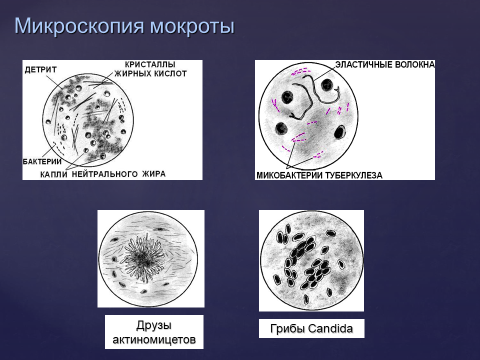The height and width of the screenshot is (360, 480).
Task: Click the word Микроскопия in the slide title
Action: (84, 25)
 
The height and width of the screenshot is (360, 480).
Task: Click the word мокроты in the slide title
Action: (194, 25)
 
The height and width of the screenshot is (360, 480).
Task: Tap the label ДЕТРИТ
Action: (42, 69)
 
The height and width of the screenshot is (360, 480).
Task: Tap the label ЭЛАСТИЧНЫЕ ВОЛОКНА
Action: (384, 65)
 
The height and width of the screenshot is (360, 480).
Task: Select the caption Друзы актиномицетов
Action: (153, 333)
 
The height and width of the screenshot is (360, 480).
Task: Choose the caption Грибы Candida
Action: (311, 328)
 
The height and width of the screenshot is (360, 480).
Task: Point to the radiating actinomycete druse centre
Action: (150, 255)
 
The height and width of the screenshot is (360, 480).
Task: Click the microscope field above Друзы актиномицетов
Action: (150, 258)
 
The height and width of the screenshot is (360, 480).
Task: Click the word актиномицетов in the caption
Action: (153, 341)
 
